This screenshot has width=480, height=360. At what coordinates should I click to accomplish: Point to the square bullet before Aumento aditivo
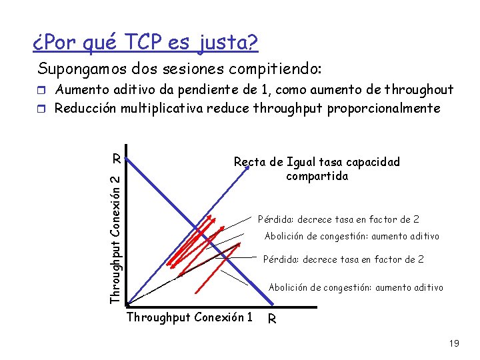pyautogui.click(x=44, y=91)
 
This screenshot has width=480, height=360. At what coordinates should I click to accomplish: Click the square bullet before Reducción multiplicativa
pyautogui.click(x=44, y=108)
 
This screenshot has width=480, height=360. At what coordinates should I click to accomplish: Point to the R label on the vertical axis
pyautogui.click(x=116, y=159)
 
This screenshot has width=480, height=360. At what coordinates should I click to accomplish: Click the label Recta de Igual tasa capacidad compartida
pyautogui.click(x=317, y=169)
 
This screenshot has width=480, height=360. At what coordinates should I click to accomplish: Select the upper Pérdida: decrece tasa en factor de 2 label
pyautogui.click(x=339, y=219)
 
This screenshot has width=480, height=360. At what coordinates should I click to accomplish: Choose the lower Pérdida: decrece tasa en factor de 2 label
pyautogui.click(x=343, y=259)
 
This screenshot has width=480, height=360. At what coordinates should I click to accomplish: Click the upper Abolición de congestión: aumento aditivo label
pyautogui.click(x=352, y=236)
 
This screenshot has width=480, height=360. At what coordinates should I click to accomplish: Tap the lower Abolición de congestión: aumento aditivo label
pyautogui.click(x=355, y=287)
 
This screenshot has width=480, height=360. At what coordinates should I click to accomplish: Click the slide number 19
pyautogui.click(x=454, y=344)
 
